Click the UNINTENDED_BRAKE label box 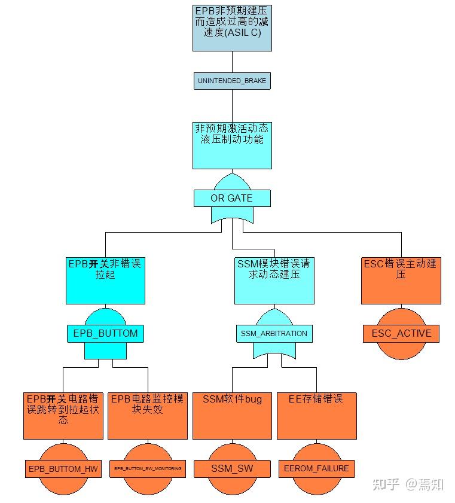[x=232, y=81]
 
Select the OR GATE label [x=232, y=198]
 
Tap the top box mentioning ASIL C [x=232, y=27]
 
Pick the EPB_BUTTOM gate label [x=105, y=333]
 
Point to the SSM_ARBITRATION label [x=274, y=333]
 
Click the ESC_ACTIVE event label [x=401, y=333]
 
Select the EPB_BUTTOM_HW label [x=63, y=468]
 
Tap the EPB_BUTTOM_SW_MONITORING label [x=148, y=468]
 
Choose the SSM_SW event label [x=232, y=468]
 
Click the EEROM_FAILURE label [x=316, y=468]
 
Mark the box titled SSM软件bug [x=232, y=416]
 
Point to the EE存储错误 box [x=316, y=416]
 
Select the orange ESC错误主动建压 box [x=401, y=281]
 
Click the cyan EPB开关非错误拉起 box [x=105, y=281]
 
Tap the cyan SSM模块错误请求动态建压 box [x=274, y=281]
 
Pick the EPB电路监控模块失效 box [x=148, y=416]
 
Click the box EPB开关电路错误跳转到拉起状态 [x=63, y=416]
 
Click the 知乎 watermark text [x=386, y=484]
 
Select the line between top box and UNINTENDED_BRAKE [x=232, y=62]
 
